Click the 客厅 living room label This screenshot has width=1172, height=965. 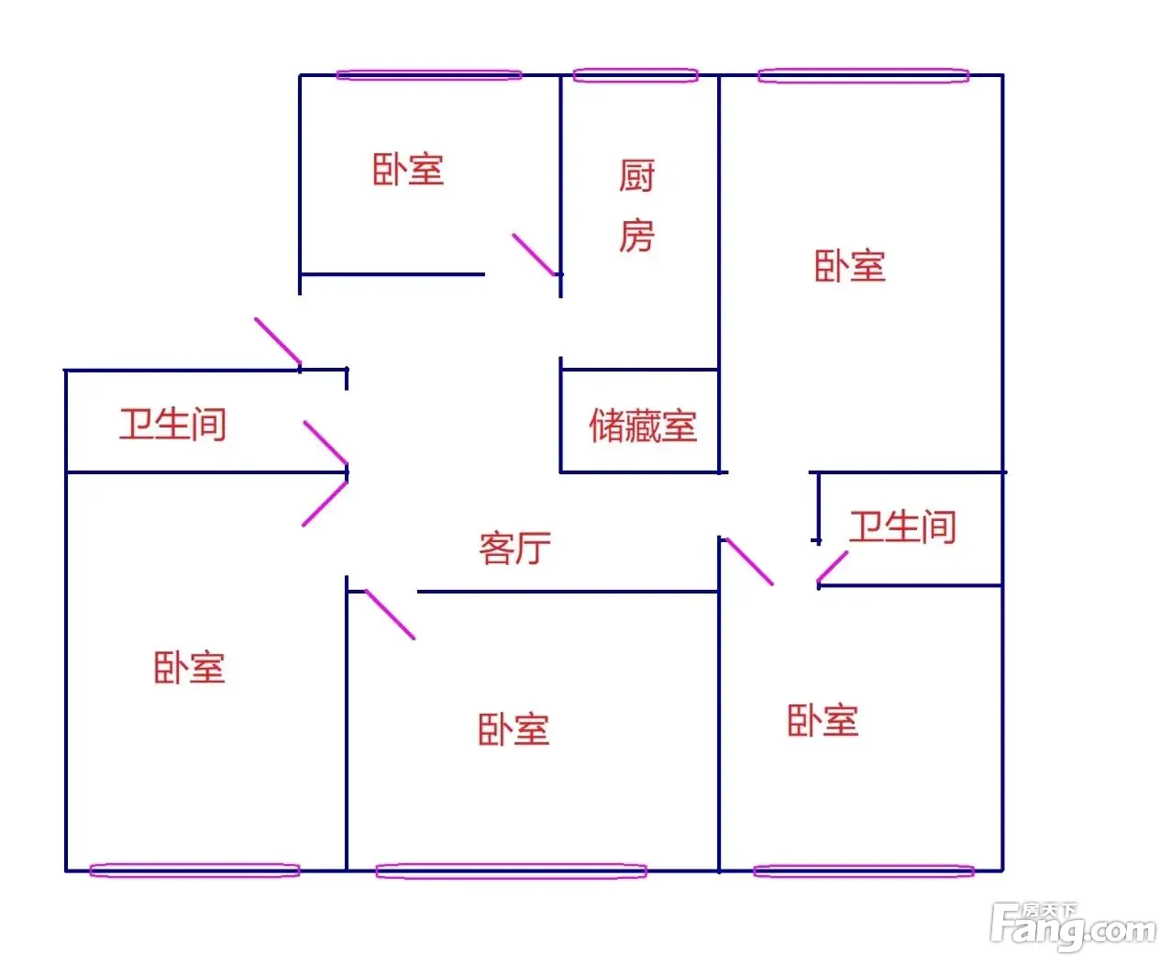514,549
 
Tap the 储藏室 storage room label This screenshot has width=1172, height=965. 643,426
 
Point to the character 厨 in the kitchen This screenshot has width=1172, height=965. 637,175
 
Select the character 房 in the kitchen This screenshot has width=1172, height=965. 637,235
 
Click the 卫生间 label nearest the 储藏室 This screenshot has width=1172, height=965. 903,527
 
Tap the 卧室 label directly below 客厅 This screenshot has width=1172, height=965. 514,729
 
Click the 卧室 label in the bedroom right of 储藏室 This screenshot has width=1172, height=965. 850,266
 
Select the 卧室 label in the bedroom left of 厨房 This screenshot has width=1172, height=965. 408,169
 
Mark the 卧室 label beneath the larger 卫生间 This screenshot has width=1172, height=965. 189,668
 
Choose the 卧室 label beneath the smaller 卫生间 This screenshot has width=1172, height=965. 823,720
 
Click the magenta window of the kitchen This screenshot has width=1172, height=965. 636,75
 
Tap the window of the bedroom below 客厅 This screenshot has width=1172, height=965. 511,871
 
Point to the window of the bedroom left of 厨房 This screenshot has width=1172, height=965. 429,74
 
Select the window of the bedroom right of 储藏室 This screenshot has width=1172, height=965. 864,75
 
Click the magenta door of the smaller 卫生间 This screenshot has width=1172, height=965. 833,567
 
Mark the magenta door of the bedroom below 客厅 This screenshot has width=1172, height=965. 390,615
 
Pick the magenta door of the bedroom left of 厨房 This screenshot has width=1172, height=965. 534,255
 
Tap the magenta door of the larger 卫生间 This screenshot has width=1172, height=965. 326,442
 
